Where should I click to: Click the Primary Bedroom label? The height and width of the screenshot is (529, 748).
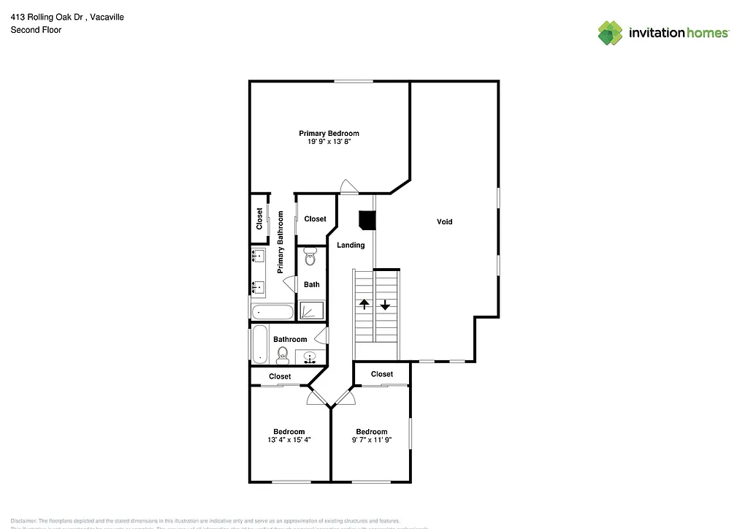click(x=329, y=133)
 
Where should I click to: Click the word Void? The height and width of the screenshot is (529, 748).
click(x=444, y=221)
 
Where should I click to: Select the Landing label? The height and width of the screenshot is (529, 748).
click(x=351, y=245)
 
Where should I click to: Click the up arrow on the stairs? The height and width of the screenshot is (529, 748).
click(x=364, y=305)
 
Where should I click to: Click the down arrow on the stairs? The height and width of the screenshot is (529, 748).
click(x=385, y=305)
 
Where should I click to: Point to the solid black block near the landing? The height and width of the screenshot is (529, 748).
click(x=367, y=220)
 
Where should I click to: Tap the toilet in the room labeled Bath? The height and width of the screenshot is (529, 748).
click(x=310, y=256)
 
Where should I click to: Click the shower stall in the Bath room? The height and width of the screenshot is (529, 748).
click(x=310, y=311)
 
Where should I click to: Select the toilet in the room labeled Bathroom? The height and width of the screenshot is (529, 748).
click(x=282, y=355)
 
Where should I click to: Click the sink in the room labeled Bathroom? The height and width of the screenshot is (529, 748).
click(x=310, y=357)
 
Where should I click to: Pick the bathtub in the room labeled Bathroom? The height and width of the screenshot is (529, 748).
click(x=259, y=344)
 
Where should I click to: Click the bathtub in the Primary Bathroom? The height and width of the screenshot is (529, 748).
click(x=272, y=313)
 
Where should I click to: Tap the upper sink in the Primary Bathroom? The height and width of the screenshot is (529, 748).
click(x=259, y=256)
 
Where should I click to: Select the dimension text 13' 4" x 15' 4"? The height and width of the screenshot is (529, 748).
click(x=289, y=440)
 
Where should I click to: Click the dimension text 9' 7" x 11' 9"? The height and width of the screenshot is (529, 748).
click(x=371, y=440)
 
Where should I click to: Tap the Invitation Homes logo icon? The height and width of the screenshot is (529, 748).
click(x=611, y=33)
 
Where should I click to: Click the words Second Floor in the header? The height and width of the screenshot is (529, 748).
click(x=36, y=30)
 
